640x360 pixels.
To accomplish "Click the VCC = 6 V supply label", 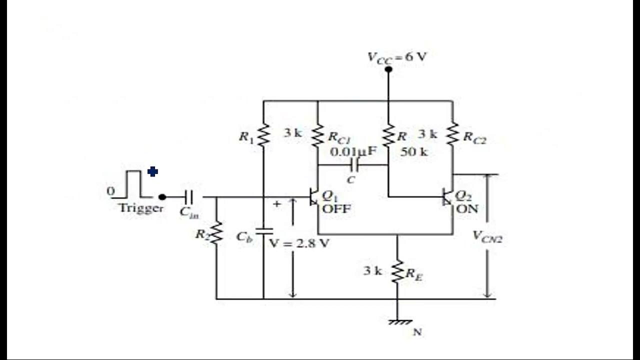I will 397,56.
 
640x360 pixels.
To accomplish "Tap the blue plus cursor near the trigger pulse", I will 153,172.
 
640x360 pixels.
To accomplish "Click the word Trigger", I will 141,208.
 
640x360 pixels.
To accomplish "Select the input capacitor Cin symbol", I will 189,197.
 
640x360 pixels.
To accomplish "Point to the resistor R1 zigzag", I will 263,134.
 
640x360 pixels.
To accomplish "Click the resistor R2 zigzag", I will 216,233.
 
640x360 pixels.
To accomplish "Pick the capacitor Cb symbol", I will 263,231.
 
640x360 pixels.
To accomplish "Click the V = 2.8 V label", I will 299,243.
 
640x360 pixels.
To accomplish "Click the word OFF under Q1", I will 336,208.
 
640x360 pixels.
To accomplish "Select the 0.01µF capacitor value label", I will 353,151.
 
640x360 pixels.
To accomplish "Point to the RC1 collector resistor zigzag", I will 318,134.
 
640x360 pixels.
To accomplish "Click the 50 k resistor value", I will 414,152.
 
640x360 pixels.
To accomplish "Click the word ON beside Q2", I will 467,208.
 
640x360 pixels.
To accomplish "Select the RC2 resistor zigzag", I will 452,133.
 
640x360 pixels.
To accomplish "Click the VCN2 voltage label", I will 487,236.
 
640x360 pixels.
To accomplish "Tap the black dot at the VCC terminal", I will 388,69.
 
